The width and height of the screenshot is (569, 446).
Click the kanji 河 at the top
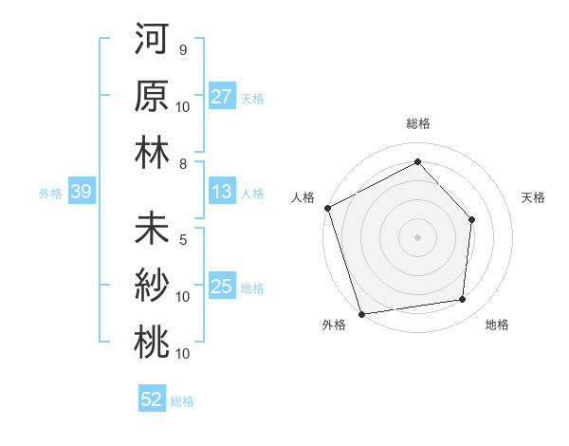tap(152, 41)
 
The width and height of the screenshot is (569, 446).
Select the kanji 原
tap(152, 96)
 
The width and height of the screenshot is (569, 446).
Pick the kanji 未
tap(152, 232)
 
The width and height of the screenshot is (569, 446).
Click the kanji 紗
tap(152, 286)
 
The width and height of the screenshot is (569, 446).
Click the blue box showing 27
tap(222, 97)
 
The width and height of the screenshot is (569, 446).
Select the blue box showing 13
tap(222, 193)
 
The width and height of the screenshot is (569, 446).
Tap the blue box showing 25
tap(222, 287)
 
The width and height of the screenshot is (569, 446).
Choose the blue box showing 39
tap(81, 193)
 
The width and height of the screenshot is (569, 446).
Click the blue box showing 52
tap(152, 400)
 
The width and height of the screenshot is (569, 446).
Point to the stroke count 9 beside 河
tap(182, 49)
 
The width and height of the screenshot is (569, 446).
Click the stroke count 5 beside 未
tap(182, 240)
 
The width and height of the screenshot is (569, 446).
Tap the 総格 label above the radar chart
tap(417, 123)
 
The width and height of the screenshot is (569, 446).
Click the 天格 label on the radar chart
tap(534, 197)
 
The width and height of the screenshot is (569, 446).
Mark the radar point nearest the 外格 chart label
tap(361, 313)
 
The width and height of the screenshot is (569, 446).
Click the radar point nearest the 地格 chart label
tap(463, 300)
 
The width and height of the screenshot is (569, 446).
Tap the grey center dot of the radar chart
tap(417, 236)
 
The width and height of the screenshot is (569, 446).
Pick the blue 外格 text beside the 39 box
tap(50, 194)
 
